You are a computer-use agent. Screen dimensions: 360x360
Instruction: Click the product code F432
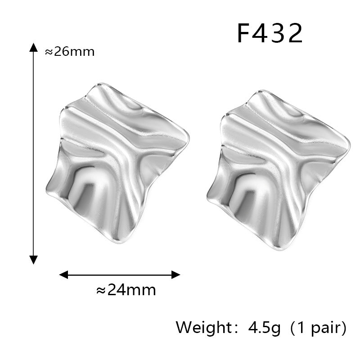tap(270, 33)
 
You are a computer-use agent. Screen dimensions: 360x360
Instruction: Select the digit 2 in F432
tap(296, 33)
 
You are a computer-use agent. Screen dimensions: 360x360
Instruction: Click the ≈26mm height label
tap(70, 52)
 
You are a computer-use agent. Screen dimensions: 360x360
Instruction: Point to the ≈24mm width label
tap(126, 290)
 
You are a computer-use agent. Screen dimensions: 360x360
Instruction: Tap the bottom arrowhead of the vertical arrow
tap(33, 260)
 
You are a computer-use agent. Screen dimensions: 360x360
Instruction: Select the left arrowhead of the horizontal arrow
tap(63, 274)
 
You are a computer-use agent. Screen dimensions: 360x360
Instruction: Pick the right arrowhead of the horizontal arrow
tap(176, 274)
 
